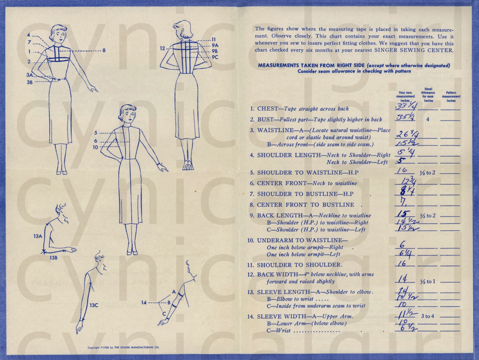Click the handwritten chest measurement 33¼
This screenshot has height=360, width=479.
(405, 106)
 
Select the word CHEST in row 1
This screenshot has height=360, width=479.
(268, 109)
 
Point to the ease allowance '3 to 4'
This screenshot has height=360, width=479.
(428, 317)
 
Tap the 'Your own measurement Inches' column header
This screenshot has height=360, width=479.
(405, 96)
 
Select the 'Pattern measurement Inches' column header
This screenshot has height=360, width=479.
(451, 96)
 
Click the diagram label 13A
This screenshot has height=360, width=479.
(38, 236)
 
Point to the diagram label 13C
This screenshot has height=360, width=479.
(94, 305)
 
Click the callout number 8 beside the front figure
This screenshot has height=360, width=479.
(104, 50)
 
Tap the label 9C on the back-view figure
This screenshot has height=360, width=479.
(215, 57)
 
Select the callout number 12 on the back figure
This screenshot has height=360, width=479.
(163, 49)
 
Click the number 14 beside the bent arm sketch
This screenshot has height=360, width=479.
(144, 302)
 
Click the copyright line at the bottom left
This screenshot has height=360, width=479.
(123, 348)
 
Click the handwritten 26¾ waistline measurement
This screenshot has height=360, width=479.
(405, 134)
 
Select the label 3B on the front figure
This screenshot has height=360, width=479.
(29, 82)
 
